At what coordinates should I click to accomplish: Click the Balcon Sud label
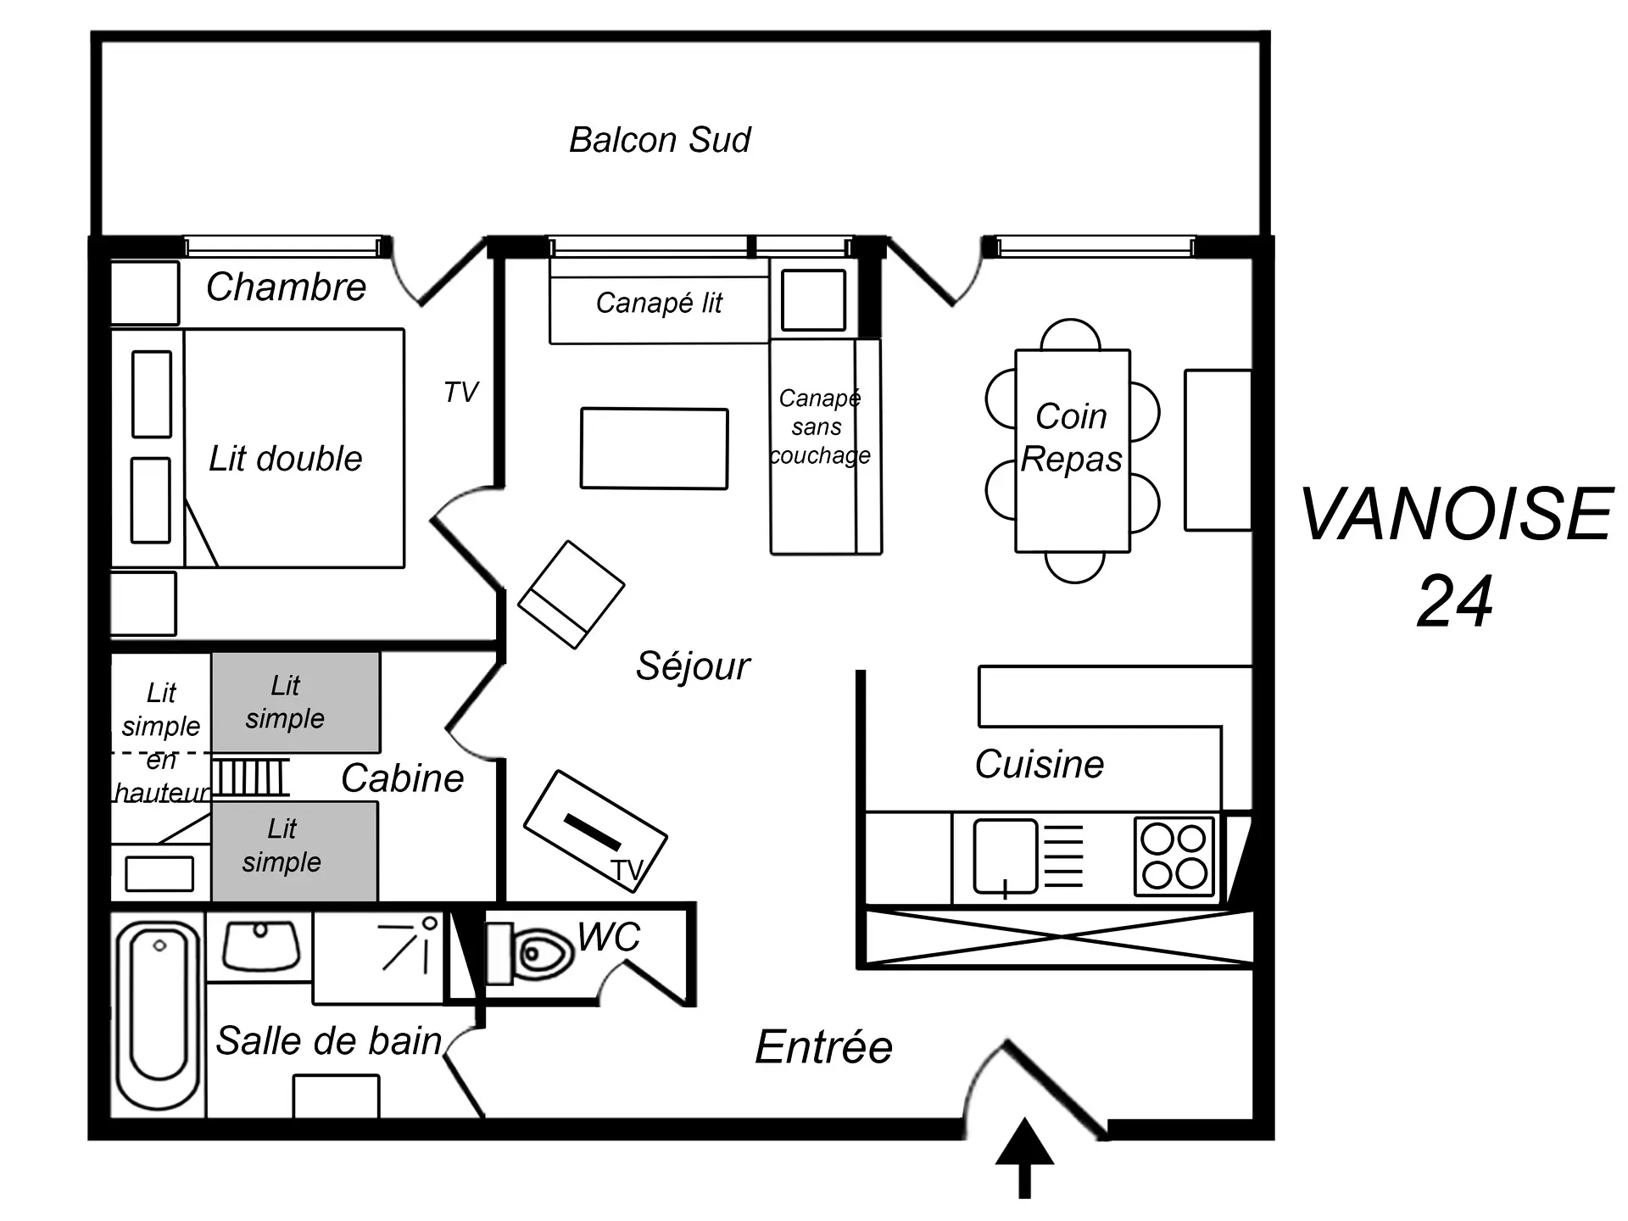pyautogui.click(x=660, y=140)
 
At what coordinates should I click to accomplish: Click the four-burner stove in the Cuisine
pyautogui.click(x=1174, y=856)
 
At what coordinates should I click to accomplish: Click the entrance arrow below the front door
pyautogui.click(x=1024, y=1157)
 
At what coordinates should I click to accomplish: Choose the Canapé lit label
pyautogui.click(x=659, y=303)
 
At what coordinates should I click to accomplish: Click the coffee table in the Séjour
pyautogui.click(x=654, y=449)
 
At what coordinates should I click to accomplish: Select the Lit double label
pyautogui.click(x=286, y=459)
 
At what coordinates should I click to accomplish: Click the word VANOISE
pyautogui.click(x=1455, y=515)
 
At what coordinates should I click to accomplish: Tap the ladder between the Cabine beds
pyautogui.click(x=250, y=777)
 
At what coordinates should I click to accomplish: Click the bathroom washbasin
pyautogui.click(x=261, y=945)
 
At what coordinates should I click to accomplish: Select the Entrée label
pyautogui.click(x=823, y=1046)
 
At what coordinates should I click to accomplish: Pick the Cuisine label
pyautogui.click(x=1040, y=764)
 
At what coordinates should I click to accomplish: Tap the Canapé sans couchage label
pyautogui.click(x=819, y=427)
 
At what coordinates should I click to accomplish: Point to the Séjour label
pyautogui.click(x=693, y=666)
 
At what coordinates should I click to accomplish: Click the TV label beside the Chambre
pyautogui.click(x=460, y=392)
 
